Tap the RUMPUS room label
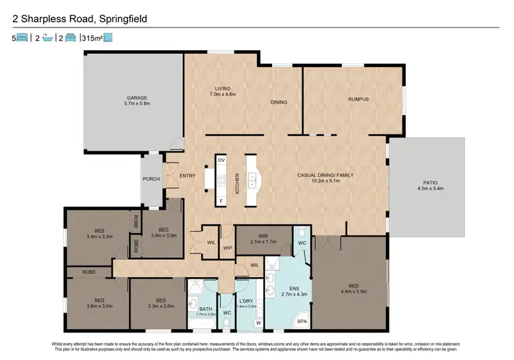pos(358,99)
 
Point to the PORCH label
pos(151,180)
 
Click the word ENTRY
pos(187,176)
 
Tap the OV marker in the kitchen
pos(221,159)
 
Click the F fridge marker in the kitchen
pos(221,202)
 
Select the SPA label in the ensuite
pos(301,320)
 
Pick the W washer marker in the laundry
pos(258,322)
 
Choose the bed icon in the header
pos(21,38)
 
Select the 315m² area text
pos(91,38)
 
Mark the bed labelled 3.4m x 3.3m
pos(99,232)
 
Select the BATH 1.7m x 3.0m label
pos(205,311)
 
